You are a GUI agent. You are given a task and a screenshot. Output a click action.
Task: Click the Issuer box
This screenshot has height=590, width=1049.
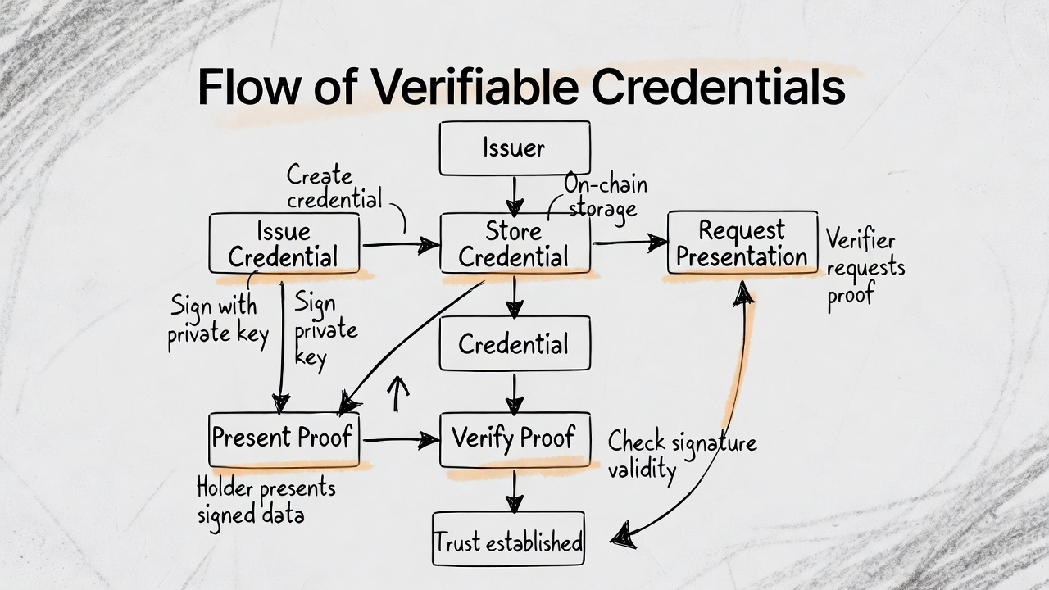pos(515,148)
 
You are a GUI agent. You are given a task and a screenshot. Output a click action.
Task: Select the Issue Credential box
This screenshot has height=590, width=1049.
pos(284,243)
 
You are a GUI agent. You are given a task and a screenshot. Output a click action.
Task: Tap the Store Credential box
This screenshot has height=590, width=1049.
pos(515,243)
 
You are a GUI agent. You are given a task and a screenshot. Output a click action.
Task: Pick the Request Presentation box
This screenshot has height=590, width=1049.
pos(742,243)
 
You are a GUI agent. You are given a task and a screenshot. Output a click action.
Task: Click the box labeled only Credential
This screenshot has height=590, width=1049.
pos(515,343)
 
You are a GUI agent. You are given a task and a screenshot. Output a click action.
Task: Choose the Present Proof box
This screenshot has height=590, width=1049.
pos(284,438)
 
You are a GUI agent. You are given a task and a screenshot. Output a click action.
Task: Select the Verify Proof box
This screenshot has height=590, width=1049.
pos(515,438)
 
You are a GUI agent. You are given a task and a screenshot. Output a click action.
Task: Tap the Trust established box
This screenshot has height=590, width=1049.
pos(508,542)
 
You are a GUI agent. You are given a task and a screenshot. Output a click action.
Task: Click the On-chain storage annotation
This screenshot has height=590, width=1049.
pos(605,196)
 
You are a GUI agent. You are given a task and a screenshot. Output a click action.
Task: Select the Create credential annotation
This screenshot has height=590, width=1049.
pos(332,187)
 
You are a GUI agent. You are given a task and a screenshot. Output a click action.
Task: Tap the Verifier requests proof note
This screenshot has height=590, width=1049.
pos(864,267)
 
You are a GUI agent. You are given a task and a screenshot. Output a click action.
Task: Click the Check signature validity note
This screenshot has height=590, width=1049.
pos(680,456)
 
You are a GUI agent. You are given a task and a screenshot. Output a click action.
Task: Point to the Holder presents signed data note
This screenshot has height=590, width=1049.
pos(265,501)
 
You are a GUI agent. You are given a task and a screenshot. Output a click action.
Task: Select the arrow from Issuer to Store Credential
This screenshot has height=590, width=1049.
pos(514,195)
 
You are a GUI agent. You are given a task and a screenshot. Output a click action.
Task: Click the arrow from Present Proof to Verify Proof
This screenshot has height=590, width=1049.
pos(400,440)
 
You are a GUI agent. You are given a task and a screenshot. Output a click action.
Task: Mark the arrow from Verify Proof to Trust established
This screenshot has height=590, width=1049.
pos(514,492)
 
